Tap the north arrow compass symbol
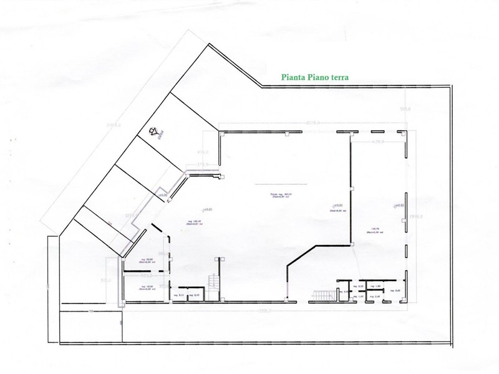[155, 131]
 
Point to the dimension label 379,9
[202, 165]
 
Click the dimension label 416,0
[203, 151]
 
